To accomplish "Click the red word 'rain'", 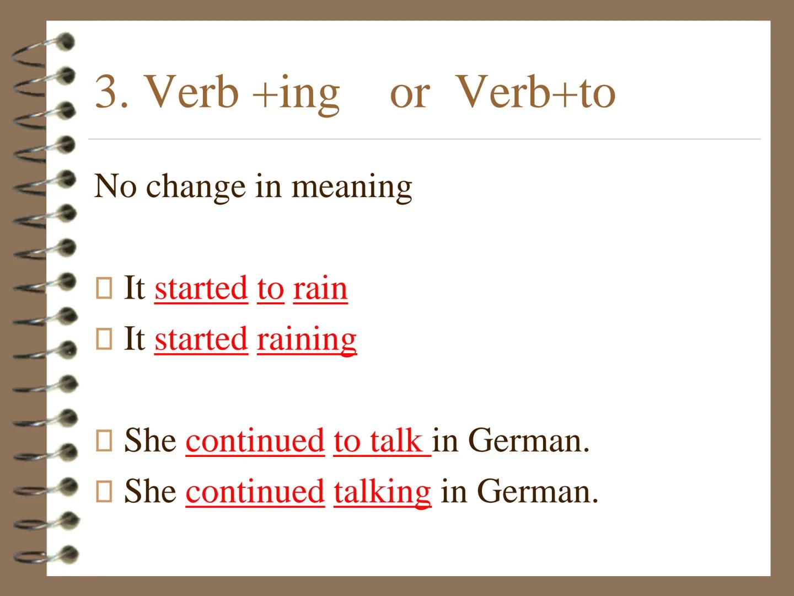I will click(x=320, y=289).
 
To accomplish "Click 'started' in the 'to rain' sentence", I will click(x=201, y=289).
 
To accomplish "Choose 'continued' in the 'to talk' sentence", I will click(x=255, y=441).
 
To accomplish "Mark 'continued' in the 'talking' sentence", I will click(x=255, y=492).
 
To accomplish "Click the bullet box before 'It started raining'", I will click(x=104, y=339).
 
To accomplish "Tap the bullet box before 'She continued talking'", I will click(x=104, y=491).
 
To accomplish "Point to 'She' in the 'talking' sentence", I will click(x=150, y=491).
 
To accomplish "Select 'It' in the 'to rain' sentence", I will click(x=133, y=288).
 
